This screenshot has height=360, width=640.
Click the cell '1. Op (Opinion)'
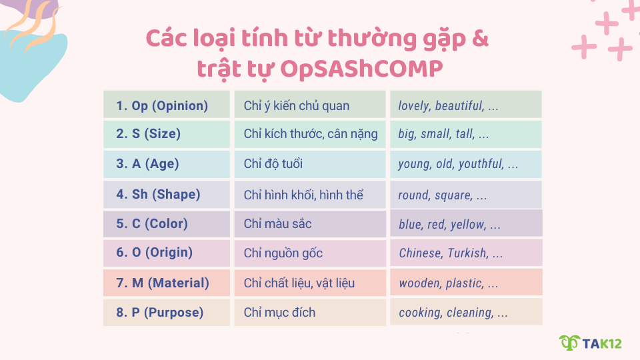166,105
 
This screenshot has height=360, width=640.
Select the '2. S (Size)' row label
166,134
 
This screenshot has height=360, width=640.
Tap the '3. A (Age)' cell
166,164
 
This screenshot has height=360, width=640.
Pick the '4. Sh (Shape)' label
166,195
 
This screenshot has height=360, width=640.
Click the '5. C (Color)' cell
166,224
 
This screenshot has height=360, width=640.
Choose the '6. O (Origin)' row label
166,253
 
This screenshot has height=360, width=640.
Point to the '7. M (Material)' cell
166,283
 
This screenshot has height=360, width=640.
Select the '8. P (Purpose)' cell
166,312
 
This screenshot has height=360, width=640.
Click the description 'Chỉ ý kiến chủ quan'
310,105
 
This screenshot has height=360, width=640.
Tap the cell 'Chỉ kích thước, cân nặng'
310,134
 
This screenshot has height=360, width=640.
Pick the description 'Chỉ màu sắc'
310,224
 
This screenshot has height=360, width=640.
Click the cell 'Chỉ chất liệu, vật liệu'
310,283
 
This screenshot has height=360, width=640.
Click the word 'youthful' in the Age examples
479,164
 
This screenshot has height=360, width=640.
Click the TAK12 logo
590,343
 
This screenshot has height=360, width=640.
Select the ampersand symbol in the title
481,39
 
